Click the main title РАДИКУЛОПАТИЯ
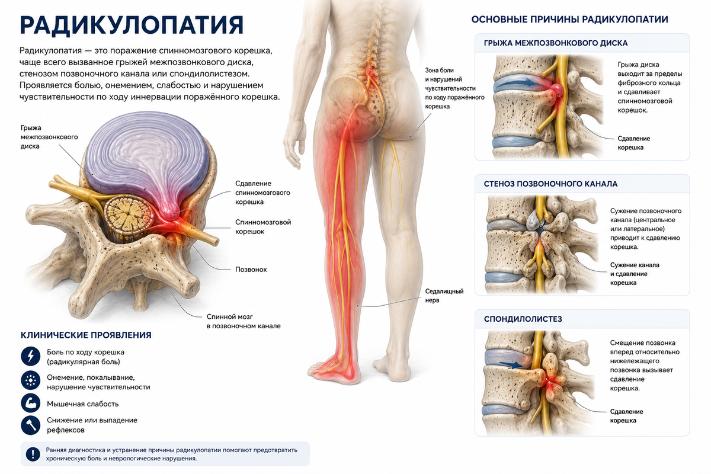click(132, 25)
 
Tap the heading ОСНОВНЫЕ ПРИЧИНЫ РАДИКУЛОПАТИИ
click(570, 20)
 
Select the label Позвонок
click(251, 270)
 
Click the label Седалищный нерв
click(444, 296)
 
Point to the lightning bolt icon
click(30, 356)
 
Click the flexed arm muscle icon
click(30, 403)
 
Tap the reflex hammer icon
click(30, 425)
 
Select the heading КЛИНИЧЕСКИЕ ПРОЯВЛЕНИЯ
click(86, 335)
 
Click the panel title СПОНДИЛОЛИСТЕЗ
click(523, 319)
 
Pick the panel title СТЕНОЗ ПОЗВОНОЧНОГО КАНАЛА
click(550, 184)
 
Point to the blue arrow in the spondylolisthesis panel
click(511, 364)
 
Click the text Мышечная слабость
click(82, 404)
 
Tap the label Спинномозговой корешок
click(263, 227)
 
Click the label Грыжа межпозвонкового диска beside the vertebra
click(49, 137)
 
